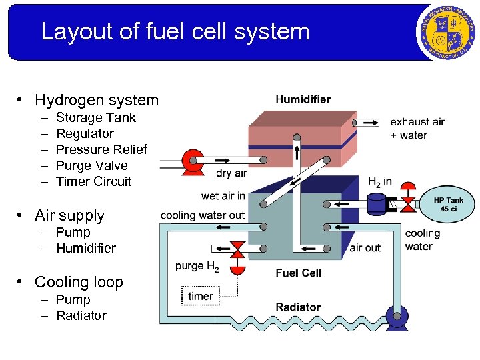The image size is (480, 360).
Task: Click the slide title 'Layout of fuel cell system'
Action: [175, 31]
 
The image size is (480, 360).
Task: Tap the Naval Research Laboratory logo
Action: [445, 31]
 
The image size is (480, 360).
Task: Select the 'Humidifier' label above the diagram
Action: [303, 99]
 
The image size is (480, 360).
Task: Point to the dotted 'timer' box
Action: [200, 296]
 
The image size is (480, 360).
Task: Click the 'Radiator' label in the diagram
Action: [298, 307]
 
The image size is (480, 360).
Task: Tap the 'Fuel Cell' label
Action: [298, 273]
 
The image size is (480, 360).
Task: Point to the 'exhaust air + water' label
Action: [417, 129]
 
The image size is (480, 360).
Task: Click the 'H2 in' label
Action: [380, 181]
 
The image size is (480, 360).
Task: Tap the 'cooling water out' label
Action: [203, 215]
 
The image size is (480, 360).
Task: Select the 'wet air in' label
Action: [223, 196]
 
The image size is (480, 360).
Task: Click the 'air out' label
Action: [365, 247]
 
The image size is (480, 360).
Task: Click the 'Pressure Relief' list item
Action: [101, 149]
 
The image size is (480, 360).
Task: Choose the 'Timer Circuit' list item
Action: [93, 181]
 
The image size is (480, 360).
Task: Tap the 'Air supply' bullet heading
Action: [69, 215]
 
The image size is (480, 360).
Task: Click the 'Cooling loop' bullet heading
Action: [79, 282]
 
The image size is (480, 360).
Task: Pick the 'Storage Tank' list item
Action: [95, 117]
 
